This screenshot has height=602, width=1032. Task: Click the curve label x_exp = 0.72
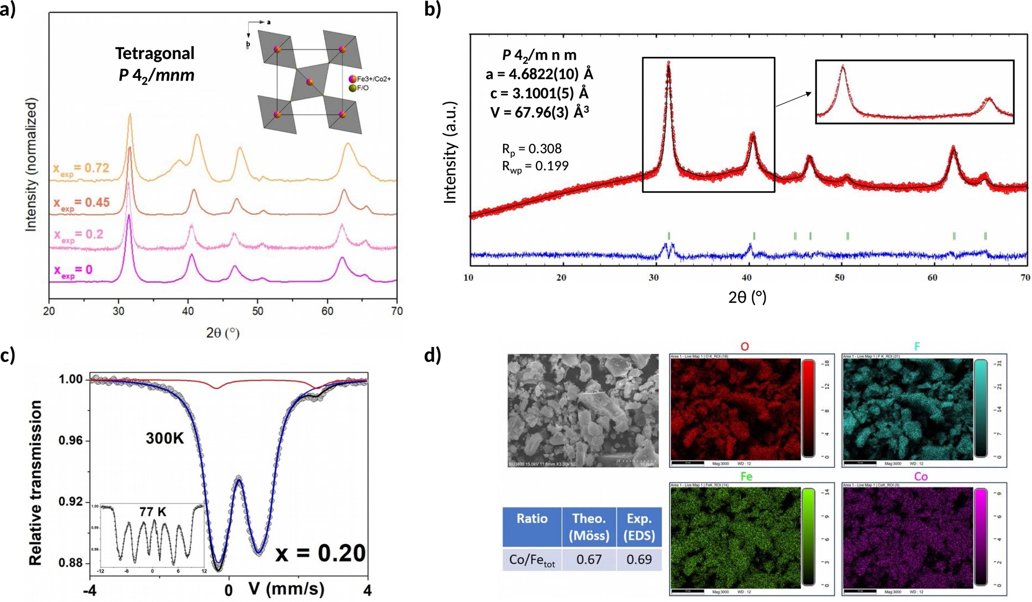pos(81,168)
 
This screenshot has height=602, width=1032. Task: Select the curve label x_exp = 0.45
pos(81,203)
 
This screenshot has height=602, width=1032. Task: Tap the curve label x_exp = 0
pos(73,270)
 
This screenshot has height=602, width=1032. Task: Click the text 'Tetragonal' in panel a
pos(155,53)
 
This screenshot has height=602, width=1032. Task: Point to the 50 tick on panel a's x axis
pos(257,311)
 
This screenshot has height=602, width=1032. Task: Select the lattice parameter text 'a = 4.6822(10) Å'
pos(539,74)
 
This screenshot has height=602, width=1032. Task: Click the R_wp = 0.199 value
pos(535,166)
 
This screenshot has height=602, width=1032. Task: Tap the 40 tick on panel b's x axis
pos(747,278)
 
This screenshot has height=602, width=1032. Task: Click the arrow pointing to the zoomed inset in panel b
pos(793,100)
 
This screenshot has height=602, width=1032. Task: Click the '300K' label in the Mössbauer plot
pos(165,439)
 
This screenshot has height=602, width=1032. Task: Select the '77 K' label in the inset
pos(153,512)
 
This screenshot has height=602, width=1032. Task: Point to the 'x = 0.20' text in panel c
pos(320,553)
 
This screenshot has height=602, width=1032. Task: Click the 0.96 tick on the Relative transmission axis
pos(70,441)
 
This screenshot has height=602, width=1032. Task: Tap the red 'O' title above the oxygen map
pos(744,346)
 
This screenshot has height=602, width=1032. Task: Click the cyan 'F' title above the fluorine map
pos(917,346)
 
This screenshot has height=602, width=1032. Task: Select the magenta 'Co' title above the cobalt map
pos(921,476)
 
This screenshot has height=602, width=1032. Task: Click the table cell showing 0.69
pos(639,560)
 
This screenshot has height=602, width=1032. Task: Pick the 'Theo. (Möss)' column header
pos(589,527)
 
